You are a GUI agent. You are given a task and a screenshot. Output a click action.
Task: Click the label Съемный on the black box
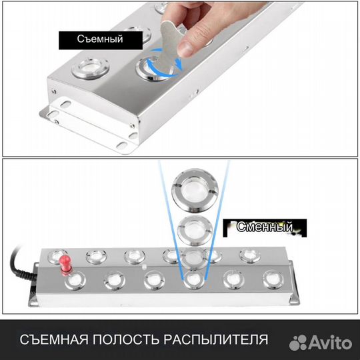tap(99, 40)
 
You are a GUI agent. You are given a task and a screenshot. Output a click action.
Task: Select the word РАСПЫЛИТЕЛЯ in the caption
tap(216, 338)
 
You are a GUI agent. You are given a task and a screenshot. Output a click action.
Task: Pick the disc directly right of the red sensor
tap(96, 256)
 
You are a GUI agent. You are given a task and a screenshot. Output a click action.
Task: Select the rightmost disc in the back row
tap(249, 255)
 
